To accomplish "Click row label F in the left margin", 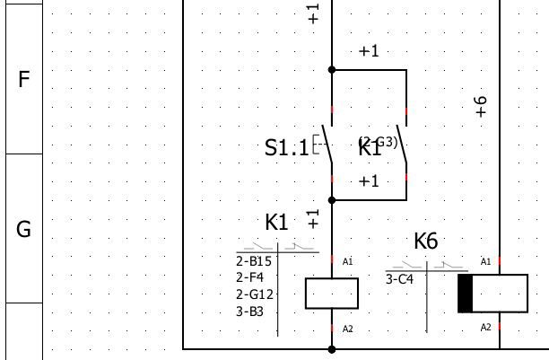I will (24, 79).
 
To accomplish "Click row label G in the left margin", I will (24, 229).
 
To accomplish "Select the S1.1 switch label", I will (286, 148).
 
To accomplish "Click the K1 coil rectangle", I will (332, 294).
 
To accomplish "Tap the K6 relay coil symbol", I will (492, 294).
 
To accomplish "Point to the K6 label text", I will (426, 241).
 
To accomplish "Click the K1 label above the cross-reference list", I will (276, 222).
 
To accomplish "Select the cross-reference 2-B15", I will (254, 260).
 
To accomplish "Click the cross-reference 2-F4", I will (250, 277).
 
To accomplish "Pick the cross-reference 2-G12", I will (255, 294).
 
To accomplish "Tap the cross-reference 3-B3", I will (250, 312).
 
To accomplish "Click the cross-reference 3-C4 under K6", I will (400, 279).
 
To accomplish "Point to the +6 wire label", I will (481, 107).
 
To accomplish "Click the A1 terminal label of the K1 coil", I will (348, 261).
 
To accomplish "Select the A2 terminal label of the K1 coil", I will (348, 329).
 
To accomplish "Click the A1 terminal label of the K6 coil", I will (486, 261).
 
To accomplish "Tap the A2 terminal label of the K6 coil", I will (486, 327).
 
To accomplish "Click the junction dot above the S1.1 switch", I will (332, 69).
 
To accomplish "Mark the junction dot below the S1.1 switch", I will (332, 199).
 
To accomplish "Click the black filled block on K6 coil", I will (465, 294).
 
